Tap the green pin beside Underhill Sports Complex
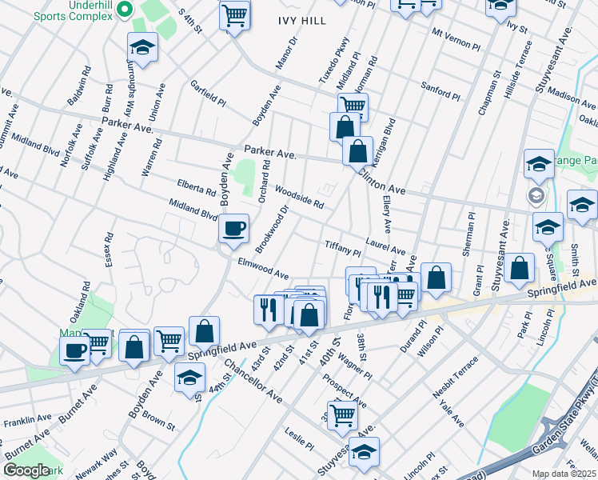tap(124, 10)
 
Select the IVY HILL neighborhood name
tap(302, 21)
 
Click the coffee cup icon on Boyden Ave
tap(233, 229)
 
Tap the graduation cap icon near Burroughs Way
tap(142, 49)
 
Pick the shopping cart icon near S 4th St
tap(234, 14)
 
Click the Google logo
tap(26, 470)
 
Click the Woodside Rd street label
tap(299, 197)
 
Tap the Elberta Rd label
tap(197, 188)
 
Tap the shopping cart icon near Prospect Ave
tap(342, 415)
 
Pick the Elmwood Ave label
tap(263, 269)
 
